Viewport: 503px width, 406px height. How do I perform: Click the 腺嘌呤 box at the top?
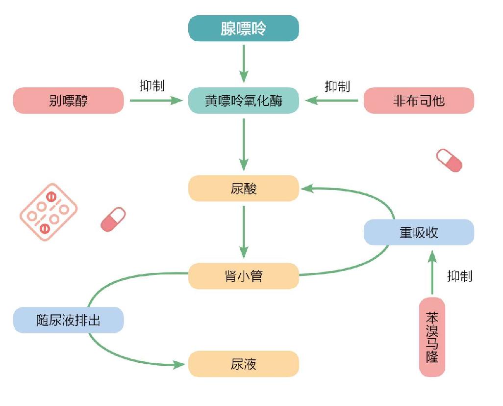click(x=244, y=28)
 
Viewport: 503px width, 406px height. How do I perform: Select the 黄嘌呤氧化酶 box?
click(x=244, y=101)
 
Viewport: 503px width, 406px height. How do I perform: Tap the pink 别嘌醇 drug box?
click(x=68, y=101)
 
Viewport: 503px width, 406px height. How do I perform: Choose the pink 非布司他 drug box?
click(x=419, y=101)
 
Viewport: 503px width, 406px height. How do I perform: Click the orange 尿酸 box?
click(x=244, y=189)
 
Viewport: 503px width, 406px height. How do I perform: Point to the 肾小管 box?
click(x=244, y=276)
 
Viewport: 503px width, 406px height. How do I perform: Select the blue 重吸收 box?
click(x=419, y=232)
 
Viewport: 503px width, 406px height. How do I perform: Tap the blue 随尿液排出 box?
click(x=68, y=320)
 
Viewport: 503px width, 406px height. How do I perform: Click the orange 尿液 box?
click(x=244, y=364)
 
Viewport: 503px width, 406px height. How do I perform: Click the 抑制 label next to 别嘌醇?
click(x=152, y=86)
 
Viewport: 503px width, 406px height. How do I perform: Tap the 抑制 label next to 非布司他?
click(x=337, y=86)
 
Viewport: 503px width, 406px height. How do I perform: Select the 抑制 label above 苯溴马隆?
click(x=460, y=276)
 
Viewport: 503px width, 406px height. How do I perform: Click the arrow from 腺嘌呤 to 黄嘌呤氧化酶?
click(x=244, y=63)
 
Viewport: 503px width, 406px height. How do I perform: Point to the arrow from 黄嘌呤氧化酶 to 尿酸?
click(x=244, y=144)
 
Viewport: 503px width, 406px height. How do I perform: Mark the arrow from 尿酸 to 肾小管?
click(x=244, y=232)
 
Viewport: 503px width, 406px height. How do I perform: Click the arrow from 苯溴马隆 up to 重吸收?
click(x=432, y=272)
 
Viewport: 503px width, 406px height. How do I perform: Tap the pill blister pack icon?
click(x=49, y=212)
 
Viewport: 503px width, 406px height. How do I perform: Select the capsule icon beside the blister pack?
click(x=113, y=219)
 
